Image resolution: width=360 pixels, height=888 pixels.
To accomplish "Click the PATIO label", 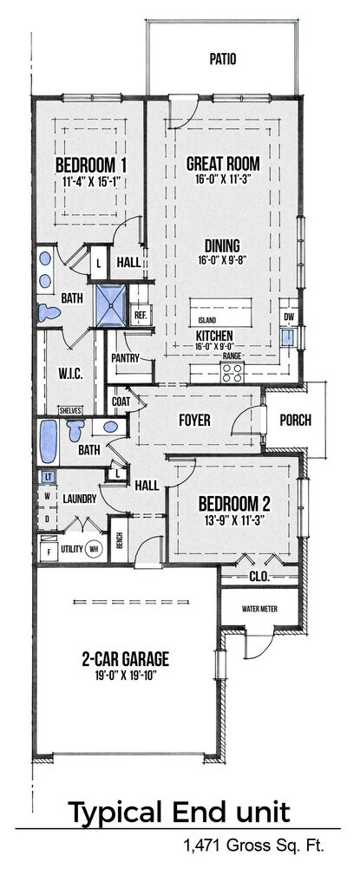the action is pyautogui.click(x=223, y=59).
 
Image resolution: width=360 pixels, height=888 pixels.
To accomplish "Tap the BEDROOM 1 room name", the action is pyautogui.click(x=91, y=166).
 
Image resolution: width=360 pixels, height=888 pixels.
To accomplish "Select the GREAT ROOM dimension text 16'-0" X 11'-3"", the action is pyautogui.click(x=223, y=179).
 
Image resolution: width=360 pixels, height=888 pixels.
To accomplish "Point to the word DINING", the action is pyautogui.click(x=222, y=245).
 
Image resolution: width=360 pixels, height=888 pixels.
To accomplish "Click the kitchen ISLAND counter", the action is pyautogui.click(x=226, y=311).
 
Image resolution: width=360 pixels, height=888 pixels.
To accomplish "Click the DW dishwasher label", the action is pyautogui.click(x=289, y=317).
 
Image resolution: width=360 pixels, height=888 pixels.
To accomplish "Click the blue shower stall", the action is pyautogui.click(x=110, y=306).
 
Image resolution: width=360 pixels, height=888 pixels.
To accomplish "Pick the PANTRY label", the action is pyautogui.click(x=125, y=358).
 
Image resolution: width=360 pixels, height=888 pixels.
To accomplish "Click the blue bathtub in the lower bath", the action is pyautogui.click(x=49, y=441).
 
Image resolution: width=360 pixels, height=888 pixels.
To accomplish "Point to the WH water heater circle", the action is pyautogui.click(x=94, y=549).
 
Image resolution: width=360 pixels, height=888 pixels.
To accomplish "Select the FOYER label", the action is pyautogui.click(x=194, y=421).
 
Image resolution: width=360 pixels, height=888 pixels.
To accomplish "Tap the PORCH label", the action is pyautogui.click(x=295, y=421).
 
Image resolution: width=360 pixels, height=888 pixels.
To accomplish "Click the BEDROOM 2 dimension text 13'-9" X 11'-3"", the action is pyautogui.click(x=234, y=518).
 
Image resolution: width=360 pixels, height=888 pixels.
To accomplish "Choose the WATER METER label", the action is pyautogui.click(x=259, y=610).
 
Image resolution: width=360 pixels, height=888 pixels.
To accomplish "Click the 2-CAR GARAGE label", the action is pyautogui.click(x=125, y=659).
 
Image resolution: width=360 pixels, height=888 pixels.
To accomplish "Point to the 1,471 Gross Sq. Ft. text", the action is pyautogui.click(x=253, y=846).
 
